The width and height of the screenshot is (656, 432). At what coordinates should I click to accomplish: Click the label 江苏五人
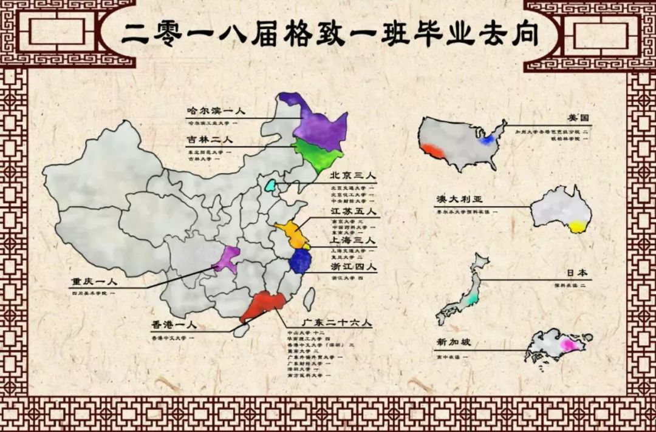tap(353, 212)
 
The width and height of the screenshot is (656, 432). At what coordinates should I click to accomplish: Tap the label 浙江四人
tap(353, 266)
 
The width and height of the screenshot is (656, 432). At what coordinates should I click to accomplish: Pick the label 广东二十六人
tap(329, 322)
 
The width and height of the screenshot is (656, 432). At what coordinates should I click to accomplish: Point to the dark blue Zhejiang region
tap(299, 262)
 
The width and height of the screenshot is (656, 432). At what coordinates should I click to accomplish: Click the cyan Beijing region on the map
tap(270, 185)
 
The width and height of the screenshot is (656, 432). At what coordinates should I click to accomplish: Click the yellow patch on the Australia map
tap(578, 226)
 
